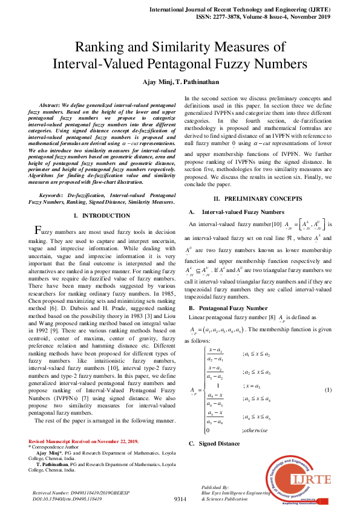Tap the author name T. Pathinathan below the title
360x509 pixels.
[x=197, y=81]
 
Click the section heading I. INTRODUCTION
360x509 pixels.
[x=101, y=216]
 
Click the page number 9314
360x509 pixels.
[x=180, y=499]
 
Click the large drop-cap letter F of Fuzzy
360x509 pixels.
[x=37, y=230]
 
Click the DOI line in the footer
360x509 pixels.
[x=67, y=499]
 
